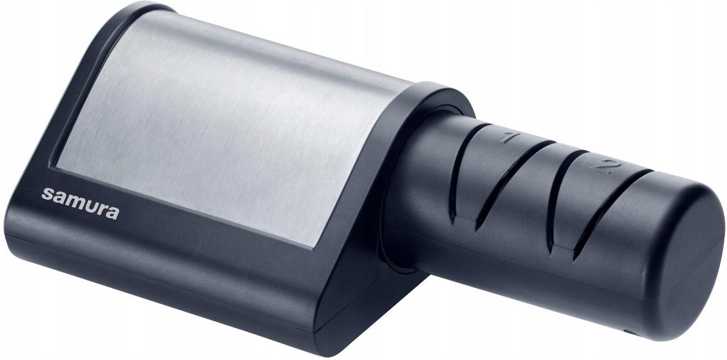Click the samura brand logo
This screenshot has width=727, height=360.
coord(80,203)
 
